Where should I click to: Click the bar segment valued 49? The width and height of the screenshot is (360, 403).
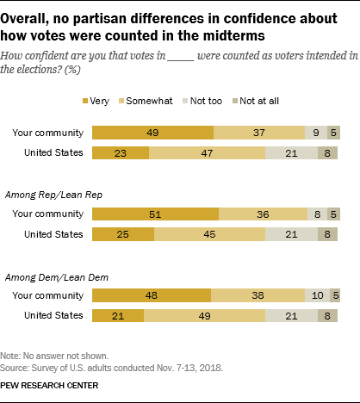(x=152, y=133)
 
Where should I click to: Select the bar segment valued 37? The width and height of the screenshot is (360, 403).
(x=259, y=133)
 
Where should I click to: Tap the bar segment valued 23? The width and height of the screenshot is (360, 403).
(x=121, y=152)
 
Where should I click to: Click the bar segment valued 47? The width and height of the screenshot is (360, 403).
(x=207, y=152)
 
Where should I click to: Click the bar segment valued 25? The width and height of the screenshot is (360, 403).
(x=123, y=233)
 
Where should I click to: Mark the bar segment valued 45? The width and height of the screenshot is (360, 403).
(x=209, y=233)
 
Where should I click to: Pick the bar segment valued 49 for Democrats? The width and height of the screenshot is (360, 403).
(x=204, y=315)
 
